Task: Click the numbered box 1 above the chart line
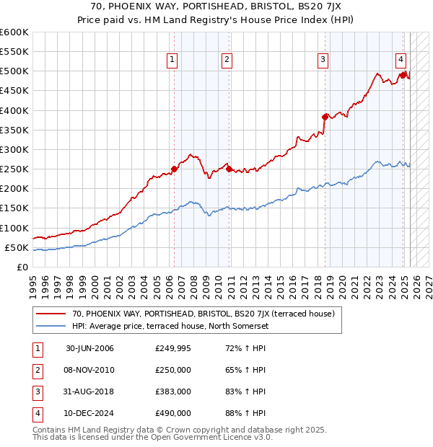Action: [173, 61]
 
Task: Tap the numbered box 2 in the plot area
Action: [227, 61]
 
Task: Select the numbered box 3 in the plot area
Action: [323, 61]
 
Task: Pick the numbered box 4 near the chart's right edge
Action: [401, 61]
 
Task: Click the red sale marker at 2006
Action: [174, 169]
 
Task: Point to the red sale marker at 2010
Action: [229, 169]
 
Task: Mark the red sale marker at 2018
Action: [325, 116]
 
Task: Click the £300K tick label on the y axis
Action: [14, 149]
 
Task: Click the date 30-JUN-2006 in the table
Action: [89, 349]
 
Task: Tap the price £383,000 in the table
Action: [173, 392]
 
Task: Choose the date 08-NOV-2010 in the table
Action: [89, 371]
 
